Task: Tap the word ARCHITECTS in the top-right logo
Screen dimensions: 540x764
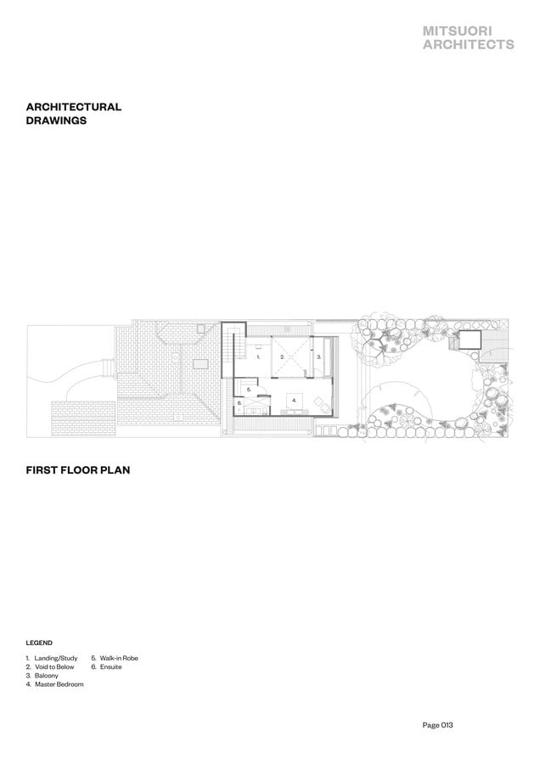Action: (469, 44)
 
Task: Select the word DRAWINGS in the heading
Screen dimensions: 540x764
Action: (56, 121)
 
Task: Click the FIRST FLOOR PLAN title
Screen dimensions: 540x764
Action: (78, 470)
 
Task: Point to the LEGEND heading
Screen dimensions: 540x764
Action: (39, 643)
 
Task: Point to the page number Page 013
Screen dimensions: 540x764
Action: (437, 725)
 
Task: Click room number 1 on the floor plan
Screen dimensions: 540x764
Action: (258, 357)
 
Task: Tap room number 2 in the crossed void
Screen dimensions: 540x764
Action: (282, 357)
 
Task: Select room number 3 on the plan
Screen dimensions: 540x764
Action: (318, 357)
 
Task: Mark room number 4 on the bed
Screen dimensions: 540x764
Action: (294, 400)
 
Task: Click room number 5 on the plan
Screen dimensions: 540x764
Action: (249, 390)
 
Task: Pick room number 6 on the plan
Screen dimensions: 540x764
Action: (239, 403)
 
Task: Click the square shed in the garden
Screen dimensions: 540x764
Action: (470, 339)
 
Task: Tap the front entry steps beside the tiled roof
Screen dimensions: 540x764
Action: (108, 368)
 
